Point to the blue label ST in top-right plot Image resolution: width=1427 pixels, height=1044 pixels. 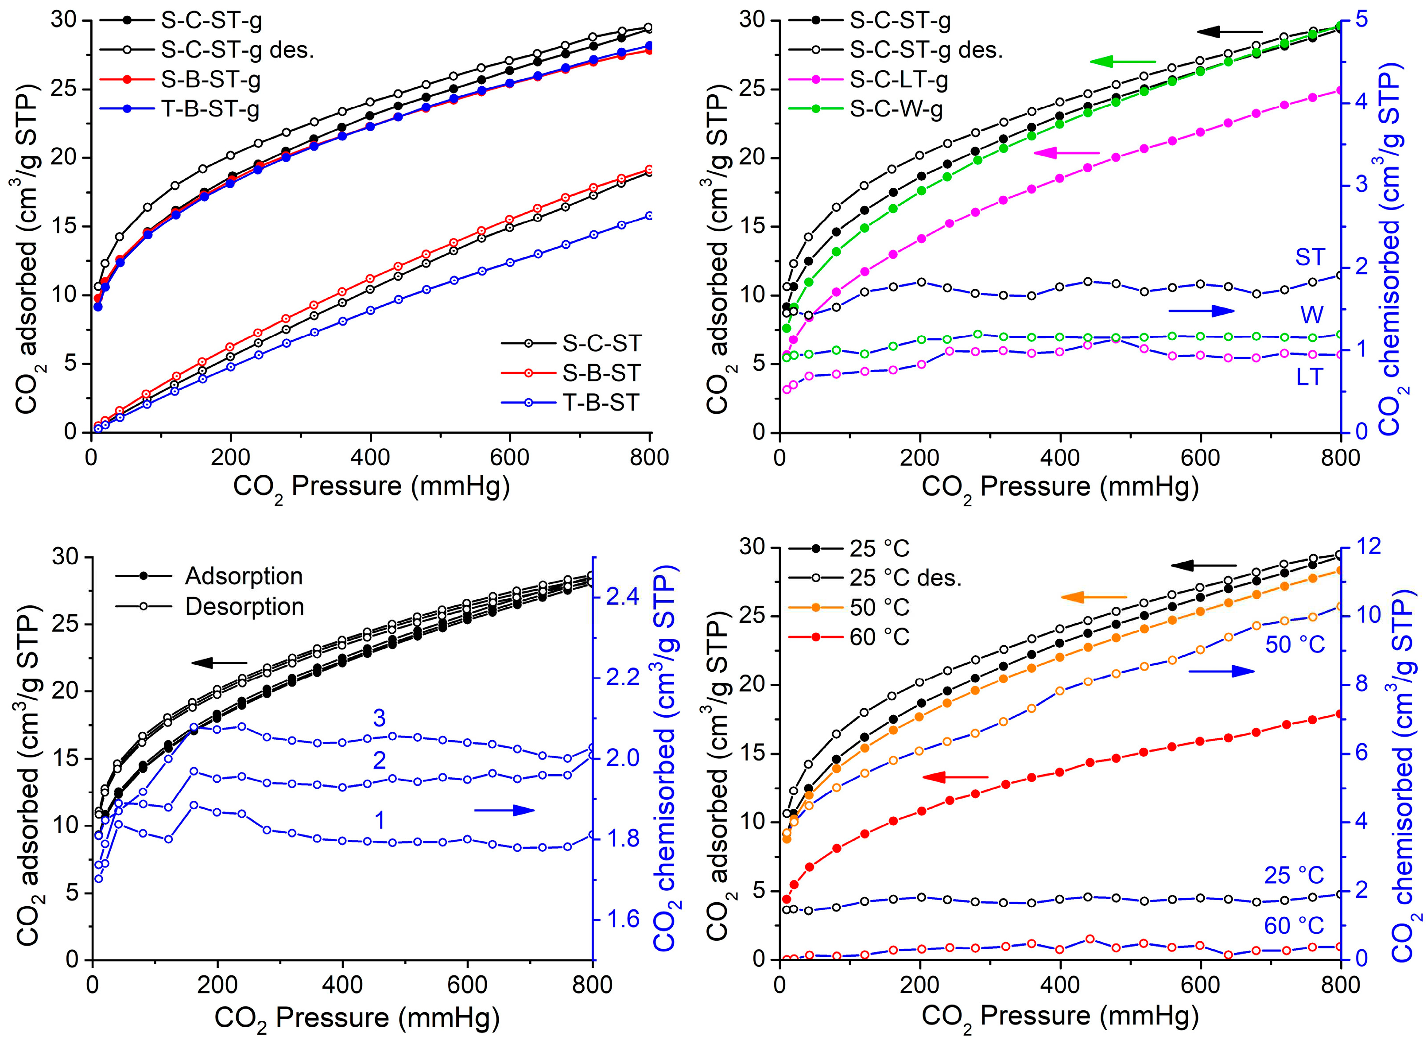(1310, 257)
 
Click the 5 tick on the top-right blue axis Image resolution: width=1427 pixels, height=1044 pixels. (1356, 20)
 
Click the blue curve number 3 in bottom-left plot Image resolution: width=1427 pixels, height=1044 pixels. (379, 718)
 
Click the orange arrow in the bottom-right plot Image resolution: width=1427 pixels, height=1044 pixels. (1094, 597)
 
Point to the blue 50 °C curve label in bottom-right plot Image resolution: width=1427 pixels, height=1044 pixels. (1294, 644)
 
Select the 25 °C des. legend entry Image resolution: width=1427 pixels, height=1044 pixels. (904, 578)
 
